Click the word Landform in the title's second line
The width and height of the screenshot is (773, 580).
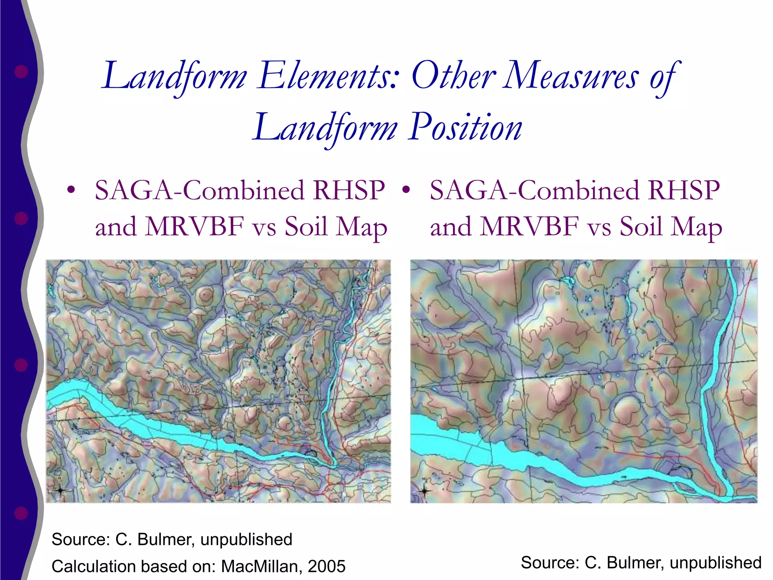coord(325,128)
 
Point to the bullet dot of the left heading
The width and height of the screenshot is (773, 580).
coord(71,190)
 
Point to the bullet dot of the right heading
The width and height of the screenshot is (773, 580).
coord(406,190)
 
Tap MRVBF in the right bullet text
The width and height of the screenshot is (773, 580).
coord(530,227)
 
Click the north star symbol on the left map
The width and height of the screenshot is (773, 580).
coord(60,491)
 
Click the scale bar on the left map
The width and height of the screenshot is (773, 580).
coord(330,268)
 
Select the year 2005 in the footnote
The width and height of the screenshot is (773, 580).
coord(326,566)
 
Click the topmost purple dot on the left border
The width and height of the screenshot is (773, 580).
coord(21,71)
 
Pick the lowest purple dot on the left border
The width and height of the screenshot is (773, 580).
coord(21,513)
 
